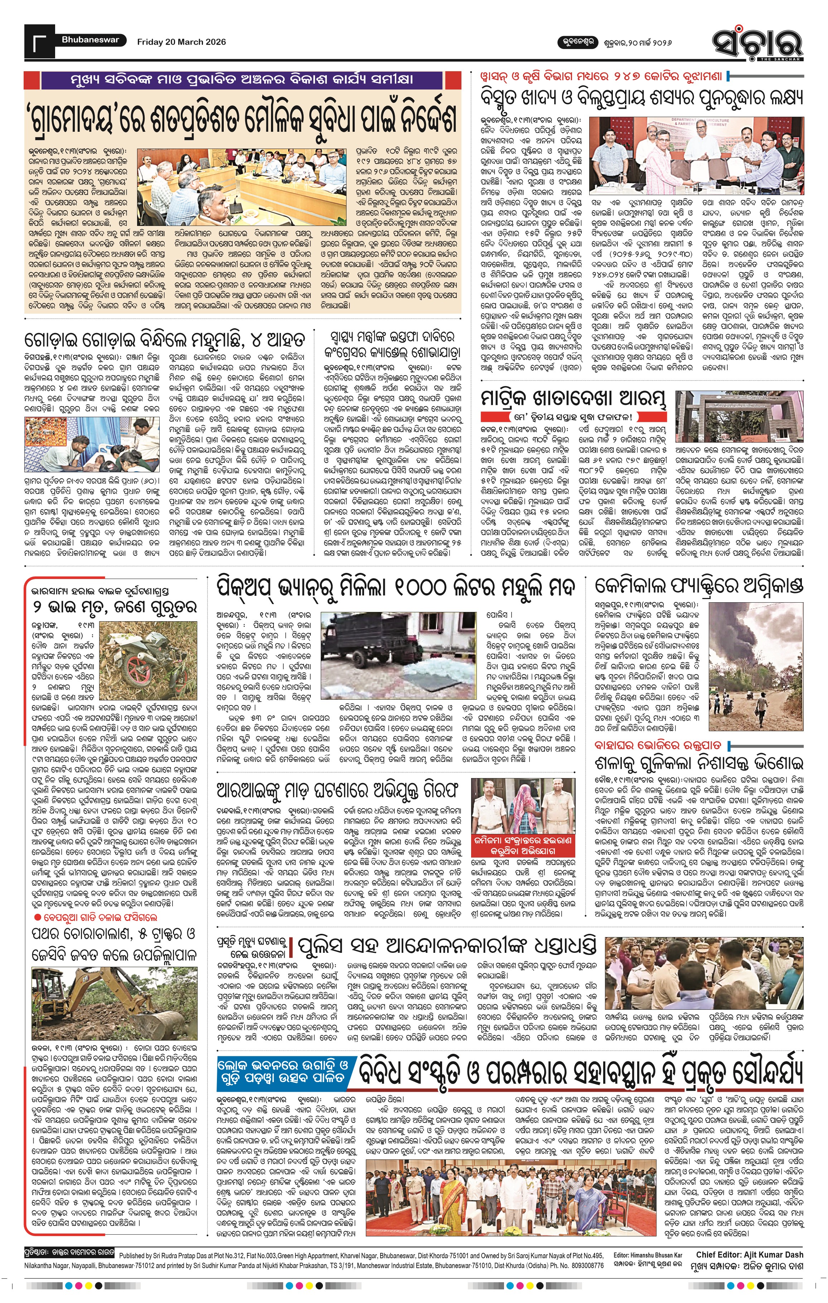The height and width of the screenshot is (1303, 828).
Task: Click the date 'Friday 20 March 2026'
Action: (x=181, y=42)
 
